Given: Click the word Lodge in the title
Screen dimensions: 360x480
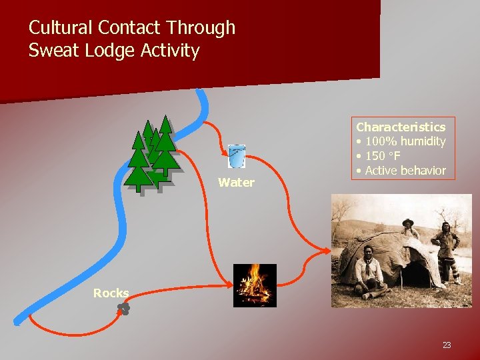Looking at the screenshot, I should coord(113,51).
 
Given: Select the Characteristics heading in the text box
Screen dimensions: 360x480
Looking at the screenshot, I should coord(401,127).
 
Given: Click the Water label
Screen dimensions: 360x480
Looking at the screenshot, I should coord(236,183).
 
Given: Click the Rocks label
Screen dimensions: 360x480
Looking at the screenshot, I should coord(111,293).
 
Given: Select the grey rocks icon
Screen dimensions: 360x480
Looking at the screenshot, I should coord(123,308).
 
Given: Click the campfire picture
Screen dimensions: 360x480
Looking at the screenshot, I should coord(254,285).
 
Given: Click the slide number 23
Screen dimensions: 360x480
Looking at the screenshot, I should coord(446,345).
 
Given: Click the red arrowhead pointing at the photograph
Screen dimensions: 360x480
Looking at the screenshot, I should coord(327,251).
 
